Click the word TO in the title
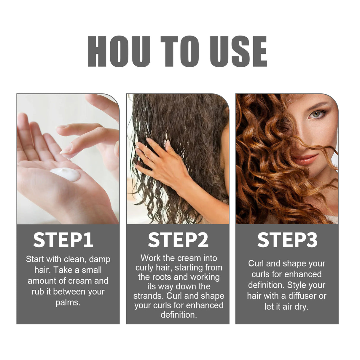click(x=179, y=51)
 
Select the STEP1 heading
click(x=63, y=240)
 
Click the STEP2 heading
click(x=178, y=240)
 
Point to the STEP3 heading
click(x=287, y=240)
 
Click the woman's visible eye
click(x=316, y=114)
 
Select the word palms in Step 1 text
click(x=68, y=302)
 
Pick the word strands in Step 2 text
click(x=148, y=296)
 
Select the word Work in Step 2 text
click(x=150, y=258)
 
